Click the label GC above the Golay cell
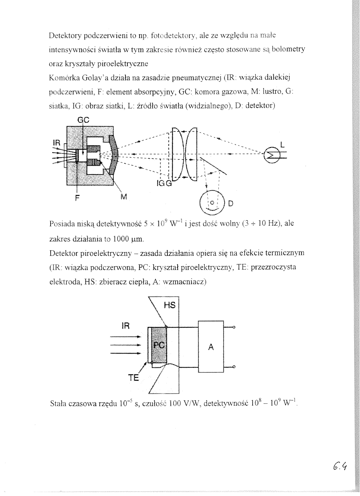pyautogui.click(x=82, y=121)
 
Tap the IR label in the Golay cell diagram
pyautogui.click(x=57, y=144)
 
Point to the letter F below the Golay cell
pyautogui.click(x=77, y=197)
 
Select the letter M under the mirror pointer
pyautogui.click(x=124, y=197)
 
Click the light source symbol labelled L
pyautogui.click(x=271, y=154)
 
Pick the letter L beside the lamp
pyautogui.click(x=283, y=145)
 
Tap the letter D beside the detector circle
pyautogui.click(x=231, y=203)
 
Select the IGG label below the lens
pyautogui.click(x=164, y=183)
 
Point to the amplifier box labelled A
pyautogui.click(x=211, y=346)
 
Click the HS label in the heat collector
pyautogui.click(x=171, y=305)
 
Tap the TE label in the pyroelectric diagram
pyautogui.click(x=134, y=378)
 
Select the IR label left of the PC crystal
pyautogui.click(x=127, y=326)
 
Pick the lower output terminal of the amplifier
pyautogui.click(x=234, y=367)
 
